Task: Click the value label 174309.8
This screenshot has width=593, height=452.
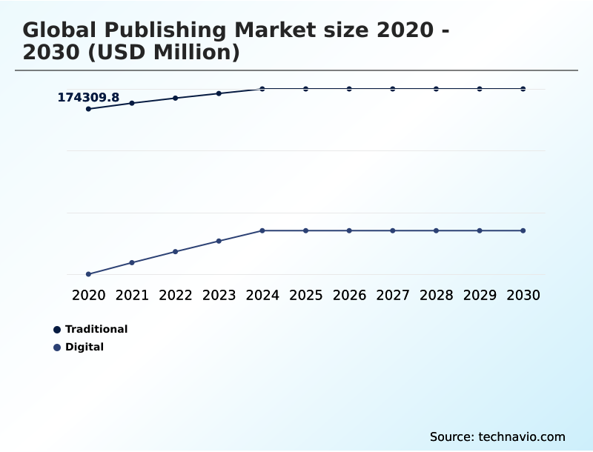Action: tap(88, 97)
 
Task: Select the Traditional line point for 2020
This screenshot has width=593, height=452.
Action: tap(88, 109)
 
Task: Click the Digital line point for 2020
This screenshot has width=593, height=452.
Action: tap(88, 274)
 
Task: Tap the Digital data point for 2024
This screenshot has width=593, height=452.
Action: tap(262, 230)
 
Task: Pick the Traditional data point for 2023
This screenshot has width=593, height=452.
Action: tap(219, 93)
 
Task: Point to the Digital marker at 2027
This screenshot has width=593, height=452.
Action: tap(393, 230)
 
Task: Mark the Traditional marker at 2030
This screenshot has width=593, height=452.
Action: tap(523, 89)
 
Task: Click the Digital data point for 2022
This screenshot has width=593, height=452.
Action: tap(176, 252)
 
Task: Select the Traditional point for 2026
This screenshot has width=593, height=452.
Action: tap(349, 89)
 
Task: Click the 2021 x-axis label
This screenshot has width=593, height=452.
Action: tap(132, 295)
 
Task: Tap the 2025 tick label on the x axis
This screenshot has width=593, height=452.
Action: tap(305, 295)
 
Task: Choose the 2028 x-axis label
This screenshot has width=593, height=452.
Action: tap(436, 295)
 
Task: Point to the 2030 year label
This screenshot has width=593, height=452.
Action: tap(523, 295)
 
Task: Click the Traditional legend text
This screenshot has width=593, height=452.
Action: tap(96, 329)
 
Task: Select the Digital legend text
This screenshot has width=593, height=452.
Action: tap(85, 347)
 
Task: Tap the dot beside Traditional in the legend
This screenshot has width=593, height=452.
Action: tap(57, 329)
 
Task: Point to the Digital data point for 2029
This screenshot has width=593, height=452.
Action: tap(480, 230)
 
